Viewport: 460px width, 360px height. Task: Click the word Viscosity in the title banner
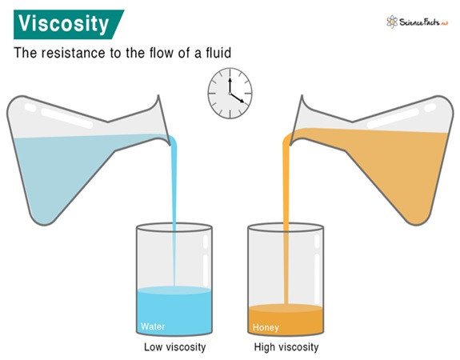coord(63,24)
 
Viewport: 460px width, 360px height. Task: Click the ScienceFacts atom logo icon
coord(392,22)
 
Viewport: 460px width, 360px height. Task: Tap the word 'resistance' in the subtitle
coord(73,53)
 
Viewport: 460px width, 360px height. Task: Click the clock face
coord(230,94)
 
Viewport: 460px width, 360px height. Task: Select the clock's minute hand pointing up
coord(230,86)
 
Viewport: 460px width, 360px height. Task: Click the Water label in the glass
coord(153,326)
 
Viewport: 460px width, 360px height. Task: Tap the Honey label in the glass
coord(266,327)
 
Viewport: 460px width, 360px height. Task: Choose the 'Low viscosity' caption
coord(175,347)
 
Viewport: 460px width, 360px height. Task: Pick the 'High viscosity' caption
coord(286,347)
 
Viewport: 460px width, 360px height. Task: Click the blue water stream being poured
coord(174,211)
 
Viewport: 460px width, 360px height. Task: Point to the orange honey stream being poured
coord(286,220)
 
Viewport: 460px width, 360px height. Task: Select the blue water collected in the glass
coord(174,310)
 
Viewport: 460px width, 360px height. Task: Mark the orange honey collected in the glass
coord(286,319)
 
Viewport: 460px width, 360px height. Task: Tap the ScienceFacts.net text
coord(424,22)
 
